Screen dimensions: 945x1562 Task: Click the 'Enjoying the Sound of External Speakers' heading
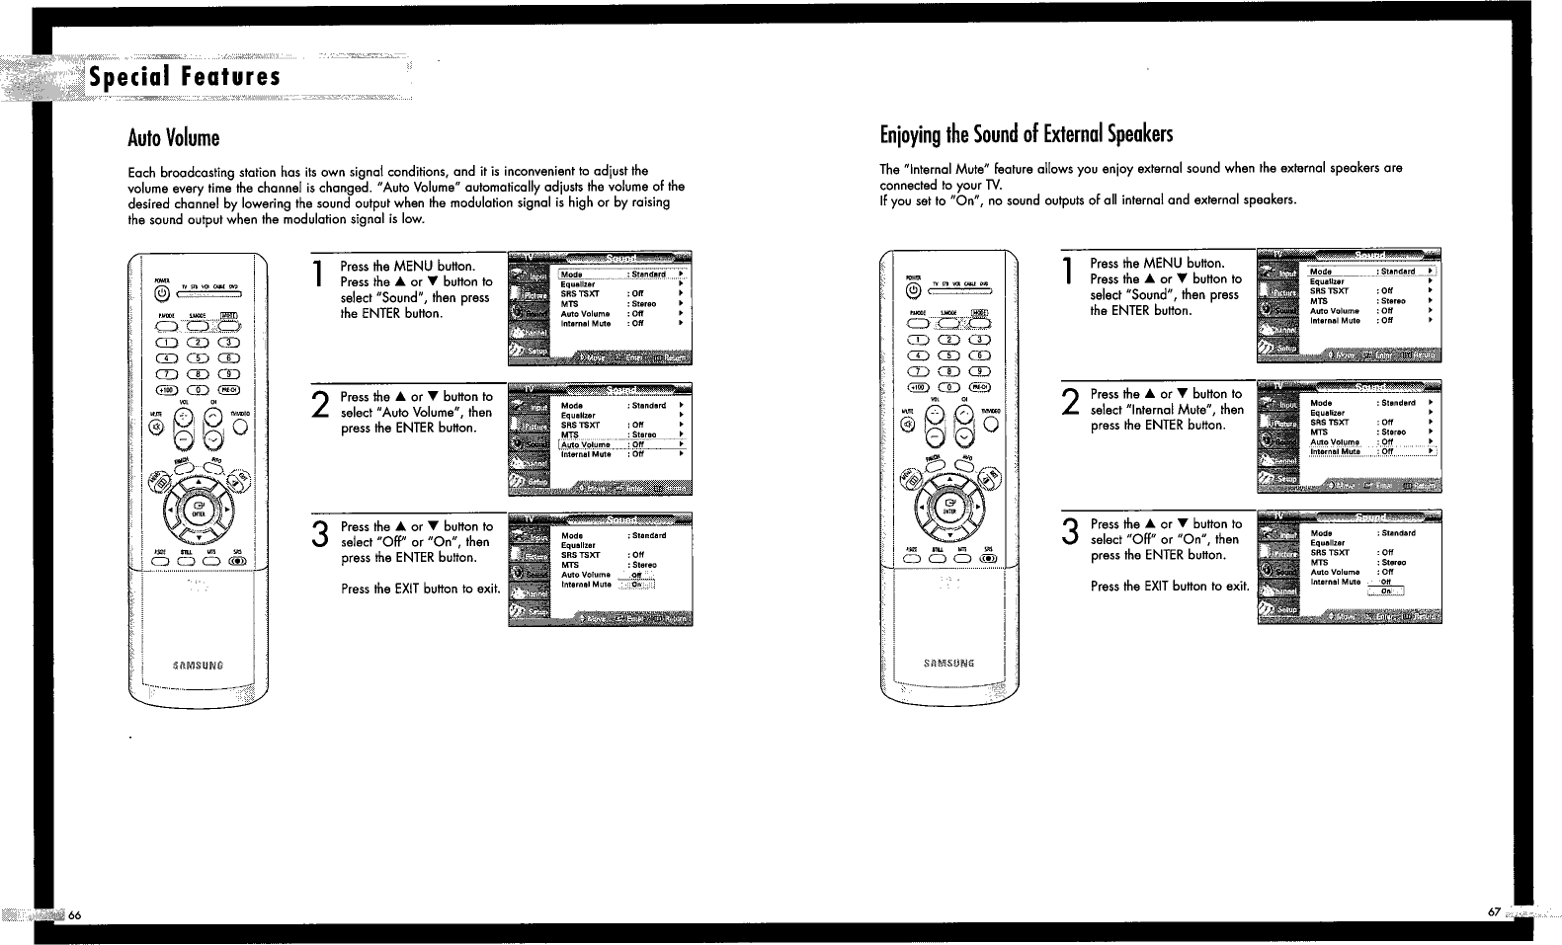1027,133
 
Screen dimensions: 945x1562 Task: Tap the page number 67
1494,910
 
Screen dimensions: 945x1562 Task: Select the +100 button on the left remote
166,388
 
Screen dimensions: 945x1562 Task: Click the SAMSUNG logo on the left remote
198,665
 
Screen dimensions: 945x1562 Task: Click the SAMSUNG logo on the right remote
948,662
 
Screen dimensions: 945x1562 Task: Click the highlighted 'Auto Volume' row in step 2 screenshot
622,444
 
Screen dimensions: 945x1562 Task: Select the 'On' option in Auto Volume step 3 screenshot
637,585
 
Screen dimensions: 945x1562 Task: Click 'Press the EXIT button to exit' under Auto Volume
420,589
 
